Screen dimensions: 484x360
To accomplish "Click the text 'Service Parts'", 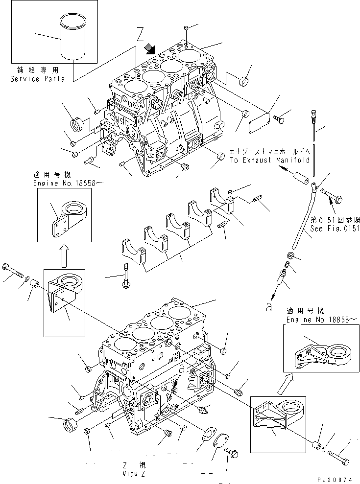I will coord(37,79).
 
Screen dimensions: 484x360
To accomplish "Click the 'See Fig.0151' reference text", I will coord(335,228).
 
